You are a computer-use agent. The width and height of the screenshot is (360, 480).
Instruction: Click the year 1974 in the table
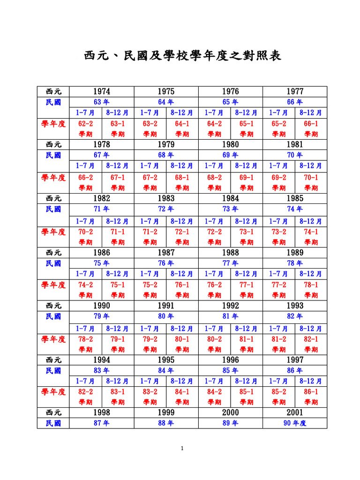coord(102,91)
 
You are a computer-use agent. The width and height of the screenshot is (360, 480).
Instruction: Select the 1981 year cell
coord(295,145)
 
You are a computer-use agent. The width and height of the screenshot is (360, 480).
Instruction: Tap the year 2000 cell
coord(230,412)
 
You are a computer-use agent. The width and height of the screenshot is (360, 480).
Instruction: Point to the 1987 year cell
coord(166,252)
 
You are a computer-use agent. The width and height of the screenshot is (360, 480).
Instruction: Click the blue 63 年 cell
coord(102,102)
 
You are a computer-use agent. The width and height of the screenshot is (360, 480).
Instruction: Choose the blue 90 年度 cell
coord(295,423)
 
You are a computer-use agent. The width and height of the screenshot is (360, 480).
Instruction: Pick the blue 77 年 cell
coord(230,263)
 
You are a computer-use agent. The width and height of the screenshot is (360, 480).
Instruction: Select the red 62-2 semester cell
coord(85,124)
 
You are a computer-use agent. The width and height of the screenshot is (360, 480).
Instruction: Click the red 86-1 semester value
coord(311,391)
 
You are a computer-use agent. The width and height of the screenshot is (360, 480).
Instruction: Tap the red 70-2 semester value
coord(85,232)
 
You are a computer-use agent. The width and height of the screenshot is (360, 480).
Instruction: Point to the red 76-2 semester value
coord(214,285)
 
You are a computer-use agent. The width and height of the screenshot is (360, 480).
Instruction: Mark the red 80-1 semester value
coord(182,338)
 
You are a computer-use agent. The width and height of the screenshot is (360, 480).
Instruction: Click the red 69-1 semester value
coord(247,178)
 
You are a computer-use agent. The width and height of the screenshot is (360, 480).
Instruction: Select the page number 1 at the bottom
coord(182,449)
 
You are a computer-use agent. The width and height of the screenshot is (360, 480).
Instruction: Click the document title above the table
coord(183,57)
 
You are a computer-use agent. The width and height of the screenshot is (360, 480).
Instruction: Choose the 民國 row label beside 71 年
coord(53,209)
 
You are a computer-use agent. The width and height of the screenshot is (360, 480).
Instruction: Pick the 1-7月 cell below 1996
coord(214,381)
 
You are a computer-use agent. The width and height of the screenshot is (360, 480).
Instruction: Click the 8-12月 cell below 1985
coord(311,220)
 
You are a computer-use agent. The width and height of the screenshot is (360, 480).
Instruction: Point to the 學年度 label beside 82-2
coord(53,391)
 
